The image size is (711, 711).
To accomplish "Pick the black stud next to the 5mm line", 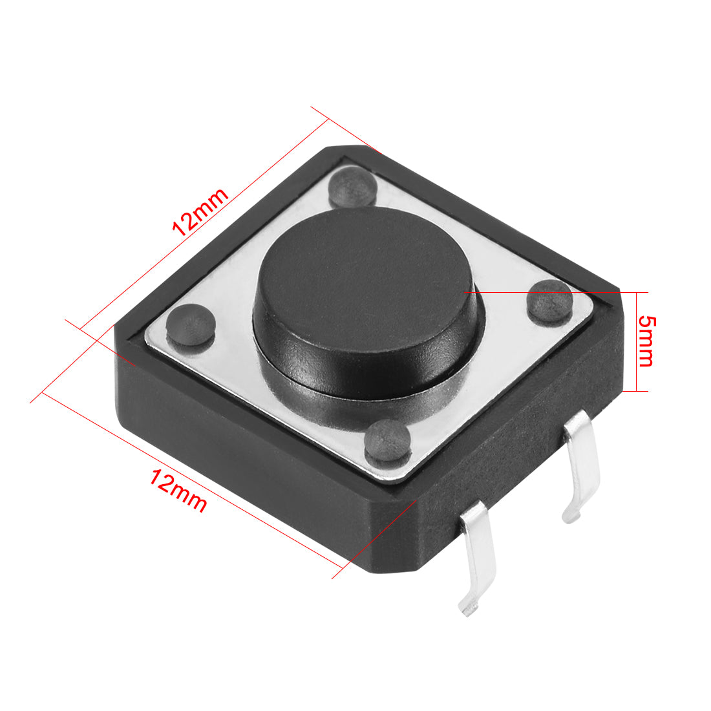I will tap(549, 301).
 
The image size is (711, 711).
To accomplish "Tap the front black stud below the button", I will tap(387, 441).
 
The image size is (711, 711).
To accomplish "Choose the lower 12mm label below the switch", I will tap(178, 491).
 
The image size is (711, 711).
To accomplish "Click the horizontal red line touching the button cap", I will tap(549, 292).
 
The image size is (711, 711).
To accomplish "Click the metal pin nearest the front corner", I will tap(478, 556).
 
